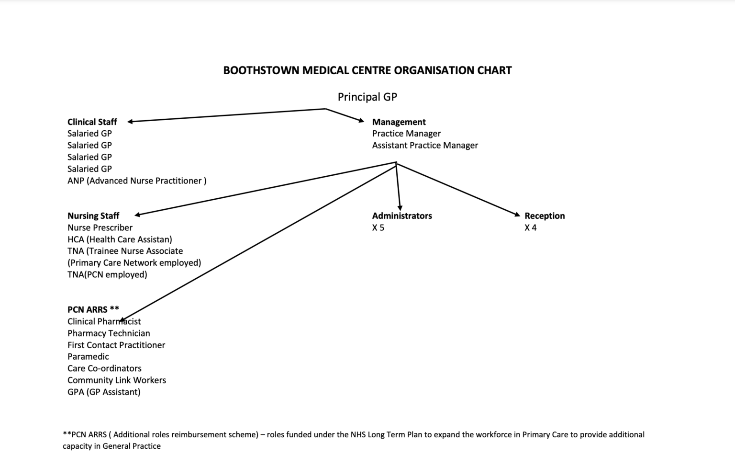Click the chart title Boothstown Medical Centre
pyautogui.click(x=367, y=70)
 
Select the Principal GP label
pyautogui.click(x=367, y=97)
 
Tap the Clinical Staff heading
pyautogui.click(x=92, y=122)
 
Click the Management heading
pyautogui.click(x=399, y=122)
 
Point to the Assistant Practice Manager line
pyautogui.click(x=425, y=146)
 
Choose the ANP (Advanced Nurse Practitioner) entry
pyautogui.click(x=137, y=181)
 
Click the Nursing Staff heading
pyautogui.click(x=93, y=216)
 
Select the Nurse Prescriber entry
pyautogui.click(x=100, y=227)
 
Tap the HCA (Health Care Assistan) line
pyautogui.click(x=120, y=239)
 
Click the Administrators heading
pyautogui.click(x=402, y=216)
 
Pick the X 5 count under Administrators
pyautogui.click(x=378, y=227)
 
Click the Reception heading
pyautogui.click(x=545, y=216)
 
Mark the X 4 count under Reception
pyautogui.click(x=531, y=227)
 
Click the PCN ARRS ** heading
pyautogui.click(x=93, y=309)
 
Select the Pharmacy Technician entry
pyautogui.click(x=109, y=333)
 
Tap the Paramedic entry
pyautogui.click(x=88, y=356)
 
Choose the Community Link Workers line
pyautogui.click(x=116, y=380)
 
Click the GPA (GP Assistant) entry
pyautogui.click(x=104, y=392)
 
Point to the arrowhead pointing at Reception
pyautogui.click(x=517, y=215)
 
